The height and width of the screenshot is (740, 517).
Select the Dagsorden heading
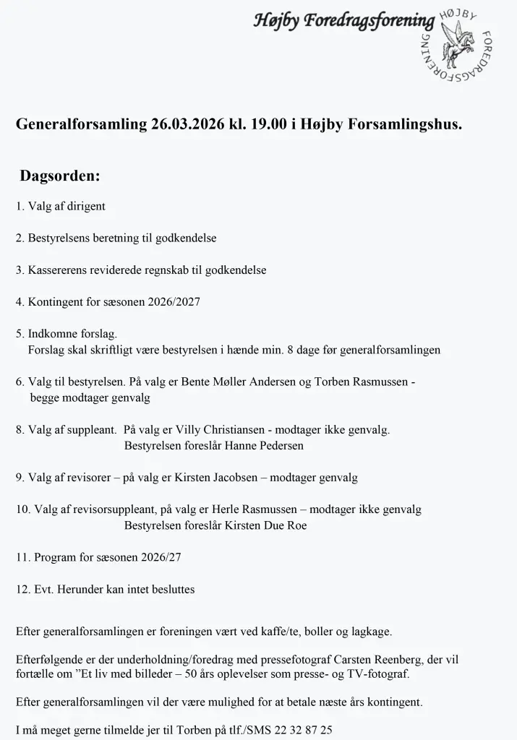pyautogui.click(x=60, y=176)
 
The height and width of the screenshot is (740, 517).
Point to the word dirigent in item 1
pyautogui.click(x=87, y=206)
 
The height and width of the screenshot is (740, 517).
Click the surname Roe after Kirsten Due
pyautogui.click(x=296, y=525)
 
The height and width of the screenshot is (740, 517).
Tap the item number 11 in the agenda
pyautogui.click(x=22, y=557)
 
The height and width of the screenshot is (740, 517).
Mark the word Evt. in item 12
pyautogui.click(x=44, y=589)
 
